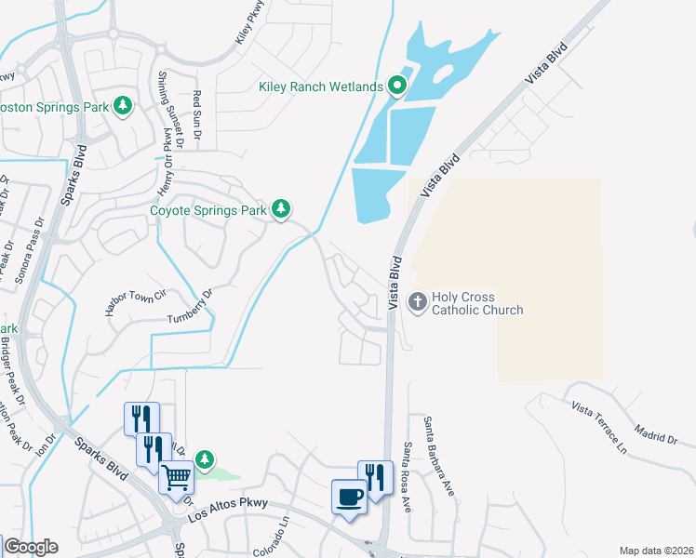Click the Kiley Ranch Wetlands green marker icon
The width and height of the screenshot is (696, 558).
point(397,86)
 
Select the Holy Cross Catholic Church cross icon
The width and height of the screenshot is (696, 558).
point(417,301)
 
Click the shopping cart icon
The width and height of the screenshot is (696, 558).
point(176,478)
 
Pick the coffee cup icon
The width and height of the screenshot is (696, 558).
point(350,496)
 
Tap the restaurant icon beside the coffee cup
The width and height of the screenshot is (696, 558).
point(374,478)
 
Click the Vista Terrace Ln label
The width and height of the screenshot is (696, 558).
point(600,427)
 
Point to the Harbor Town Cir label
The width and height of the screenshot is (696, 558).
point(134,304)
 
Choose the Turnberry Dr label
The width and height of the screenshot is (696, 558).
point(191,306)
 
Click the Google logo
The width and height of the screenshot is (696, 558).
point(31,547)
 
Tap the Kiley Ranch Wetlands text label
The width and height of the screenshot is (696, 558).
point(321,87)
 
